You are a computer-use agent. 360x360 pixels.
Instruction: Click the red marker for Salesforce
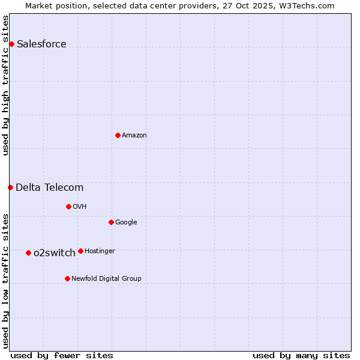tap(11, 44)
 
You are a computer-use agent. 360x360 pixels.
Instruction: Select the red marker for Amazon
tap(118, 135)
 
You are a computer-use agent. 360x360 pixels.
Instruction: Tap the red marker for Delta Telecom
tap(10, 187)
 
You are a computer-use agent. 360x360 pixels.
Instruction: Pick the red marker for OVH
tap(68, 206)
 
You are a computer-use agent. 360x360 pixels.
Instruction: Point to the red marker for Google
tap(111, 222)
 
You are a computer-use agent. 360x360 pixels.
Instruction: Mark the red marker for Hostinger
tap(80, 251)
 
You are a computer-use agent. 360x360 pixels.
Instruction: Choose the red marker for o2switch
tap(28, 253)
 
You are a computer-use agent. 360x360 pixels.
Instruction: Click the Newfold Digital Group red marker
tap(67, 278)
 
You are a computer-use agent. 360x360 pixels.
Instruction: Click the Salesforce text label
tap(41, 44)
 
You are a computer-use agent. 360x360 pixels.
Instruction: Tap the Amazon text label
tap(134, 135)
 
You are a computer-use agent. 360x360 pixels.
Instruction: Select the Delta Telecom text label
tap(49, 187)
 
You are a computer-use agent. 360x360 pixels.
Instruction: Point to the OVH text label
tap(80, 206)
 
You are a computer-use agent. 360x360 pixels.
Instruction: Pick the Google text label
tap(126, 222)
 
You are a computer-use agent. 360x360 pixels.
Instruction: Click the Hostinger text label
tap(100, 251)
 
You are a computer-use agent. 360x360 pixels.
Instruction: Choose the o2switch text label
tap(54, 253)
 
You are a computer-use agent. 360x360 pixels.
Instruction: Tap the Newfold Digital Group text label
tap(106, 278)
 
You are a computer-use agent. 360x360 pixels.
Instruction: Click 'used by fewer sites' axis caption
tap(62, 355)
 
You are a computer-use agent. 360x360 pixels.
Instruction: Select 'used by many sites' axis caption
tap(301, 355)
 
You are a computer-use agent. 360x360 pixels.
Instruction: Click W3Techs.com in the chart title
tap(306, 5)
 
